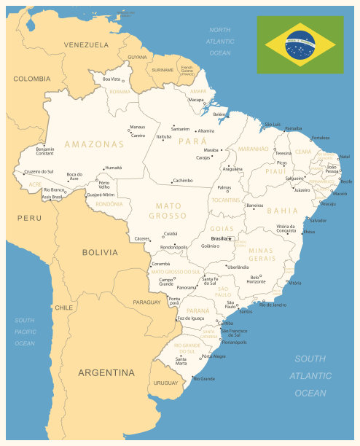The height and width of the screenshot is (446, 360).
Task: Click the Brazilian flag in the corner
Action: (x=300, y=44)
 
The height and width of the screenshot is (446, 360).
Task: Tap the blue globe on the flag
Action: (x=300, y=44)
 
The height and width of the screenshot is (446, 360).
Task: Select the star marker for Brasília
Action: (x=230, y=238)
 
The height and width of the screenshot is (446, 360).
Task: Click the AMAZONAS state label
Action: (x=94, y=144)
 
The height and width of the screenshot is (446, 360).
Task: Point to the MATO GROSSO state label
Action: (x=168, y=211)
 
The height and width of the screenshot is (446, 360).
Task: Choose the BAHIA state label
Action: (x=283, y=211)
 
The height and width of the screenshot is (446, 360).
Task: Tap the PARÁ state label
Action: (x=192, y=141)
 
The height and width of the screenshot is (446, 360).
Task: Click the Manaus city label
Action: (x=137, y=128)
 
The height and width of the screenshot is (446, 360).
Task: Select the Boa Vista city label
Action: (x=111, y=79)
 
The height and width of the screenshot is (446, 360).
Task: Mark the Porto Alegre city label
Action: (x=214, y=356)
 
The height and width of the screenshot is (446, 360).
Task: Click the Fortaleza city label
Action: (x=320, y=138)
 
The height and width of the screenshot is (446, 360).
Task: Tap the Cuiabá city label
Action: (x=170, y=233)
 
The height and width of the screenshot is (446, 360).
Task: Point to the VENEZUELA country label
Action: (x=86, y=45)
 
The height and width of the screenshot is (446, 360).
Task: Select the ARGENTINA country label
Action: (x=106, y=372)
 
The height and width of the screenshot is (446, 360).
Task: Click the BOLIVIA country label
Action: (x=99, y=252)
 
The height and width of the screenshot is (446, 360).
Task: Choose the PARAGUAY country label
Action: (x=146, y=302)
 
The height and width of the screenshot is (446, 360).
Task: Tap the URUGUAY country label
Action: (x=165, y=383)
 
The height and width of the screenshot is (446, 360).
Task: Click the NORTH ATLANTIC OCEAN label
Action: (x=219, y=42)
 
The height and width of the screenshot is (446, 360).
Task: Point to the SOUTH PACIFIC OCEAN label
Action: (x=25, y=332)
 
